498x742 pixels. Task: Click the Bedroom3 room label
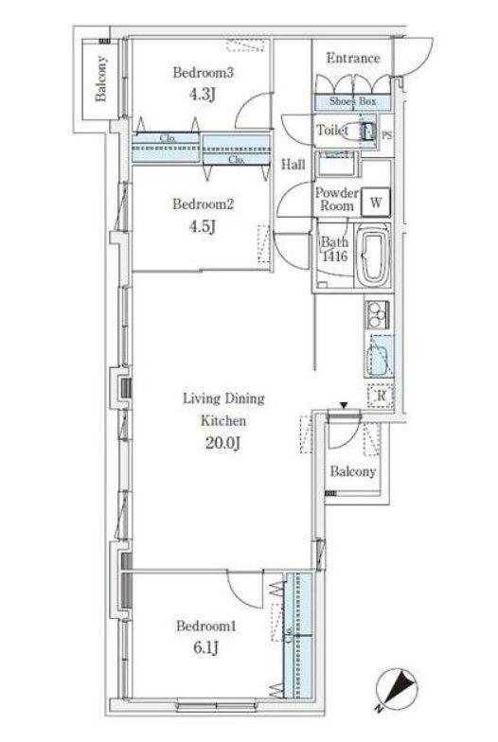(203, 73)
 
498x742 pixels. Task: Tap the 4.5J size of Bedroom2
(203, 227)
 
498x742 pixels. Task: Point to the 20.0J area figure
(223, 443)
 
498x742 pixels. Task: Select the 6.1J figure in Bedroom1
(206, 647)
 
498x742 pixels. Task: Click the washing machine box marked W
(376, 203)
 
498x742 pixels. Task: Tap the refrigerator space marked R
(381, 395)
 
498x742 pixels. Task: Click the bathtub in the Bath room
(373, 256)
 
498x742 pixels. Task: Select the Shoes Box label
(352, 101)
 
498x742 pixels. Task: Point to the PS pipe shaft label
(386, 135)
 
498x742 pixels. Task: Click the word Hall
(293, 165)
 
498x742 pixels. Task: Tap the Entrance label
(353, 59)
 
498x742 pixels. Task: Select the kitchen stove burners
(377, 313)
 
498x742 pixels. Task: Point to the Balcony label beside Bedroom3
(100, 79)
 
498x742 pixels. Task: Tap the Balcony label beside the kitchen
(353, 471)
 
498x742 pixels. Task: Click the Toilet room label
(332, 130)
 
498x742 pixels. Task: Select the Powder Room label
(337, 199)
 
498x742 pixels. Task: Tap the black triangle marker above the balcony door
(345, 405)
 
